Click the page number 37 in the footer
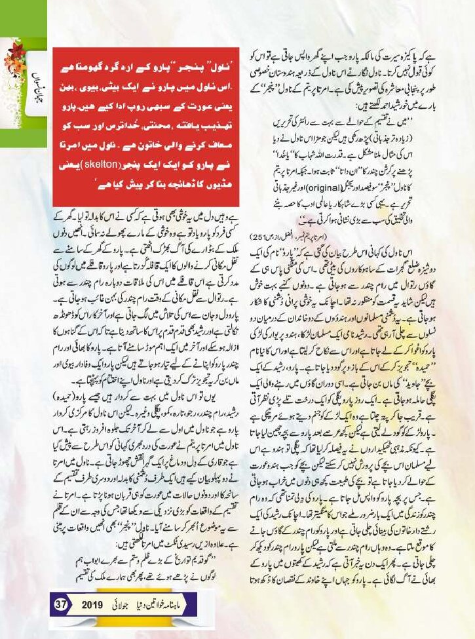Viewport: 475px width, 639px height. pyautogui.click(x=62, y=603)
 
